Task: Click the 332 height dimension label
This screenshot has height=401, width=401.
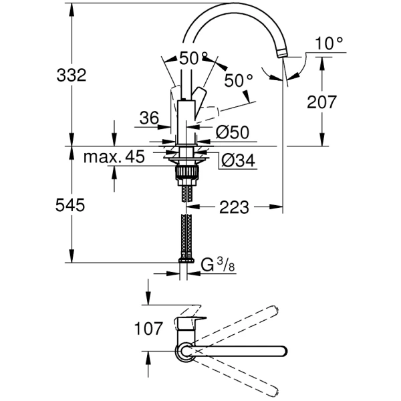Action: pyautogui.click(x=71, y=75)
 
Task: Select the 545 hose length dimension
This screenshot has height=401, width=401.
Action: pyautogui.click(x=71, y=207)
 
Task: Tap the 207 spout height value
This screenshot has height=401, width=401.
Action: pyautogui.click(x=321, y=102)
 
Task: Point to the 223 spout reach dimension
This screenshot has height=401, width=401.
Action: pyautogui.click(x=233, y=208)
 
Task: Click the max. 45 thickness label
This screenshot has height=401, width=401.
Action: pyautogui.click(x=114, y=158)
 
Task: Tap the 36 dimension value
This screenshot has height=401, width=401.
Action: pyautogui.click(x=148, y=118)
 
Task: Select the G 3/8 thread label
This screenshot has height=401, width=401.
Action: pyautogui.click(x=218, y=265)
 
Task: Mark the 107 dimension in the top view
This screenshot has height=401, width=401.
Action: pyautogui.click(x=148, y=328)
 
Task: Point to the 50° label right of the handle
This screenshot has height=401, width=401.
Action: pyautogui.click(x=239, y=82)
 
